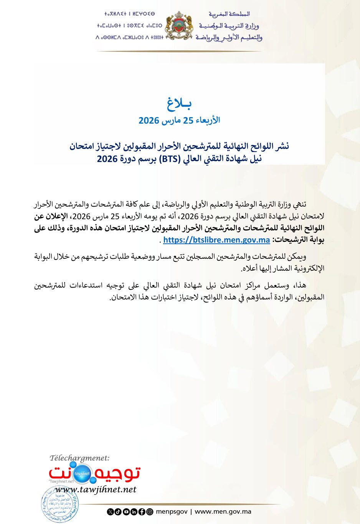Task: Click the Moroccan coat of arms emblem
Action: coord(179,26)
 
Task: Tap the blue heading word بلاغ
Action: coord(179,103)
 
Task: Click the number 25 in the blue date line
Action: coord(188,121)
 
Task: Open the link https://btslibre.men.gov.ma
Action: coord(216,240)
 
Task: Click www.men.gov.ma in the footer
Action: coord(223,511)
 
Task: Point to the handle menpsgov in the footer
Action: coord(172,511)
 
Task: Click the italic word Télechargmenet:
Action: coord(79,458)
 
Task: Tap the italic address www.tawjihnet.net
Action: coord(96,489)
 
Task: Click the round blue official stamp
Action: coord(59,504)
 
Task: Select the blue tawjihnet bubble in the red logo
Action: coord(82,473)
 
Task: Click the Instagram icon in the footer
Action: coord(150,512)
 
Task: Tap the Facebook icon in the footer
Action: coord(142,512)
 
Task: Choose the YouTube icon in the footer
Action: coord(126,512)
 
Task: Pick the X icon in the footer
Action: coord(110,512)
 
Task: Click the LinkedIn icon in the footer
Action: coord(134,512)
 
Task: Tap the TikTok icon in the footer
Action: coord(118,512)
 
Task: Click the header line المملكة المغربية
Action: coord(229,14)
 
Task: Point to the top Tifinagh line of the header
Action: coord(129,14)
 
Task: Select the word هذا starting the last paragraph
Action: coord(300,285)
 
